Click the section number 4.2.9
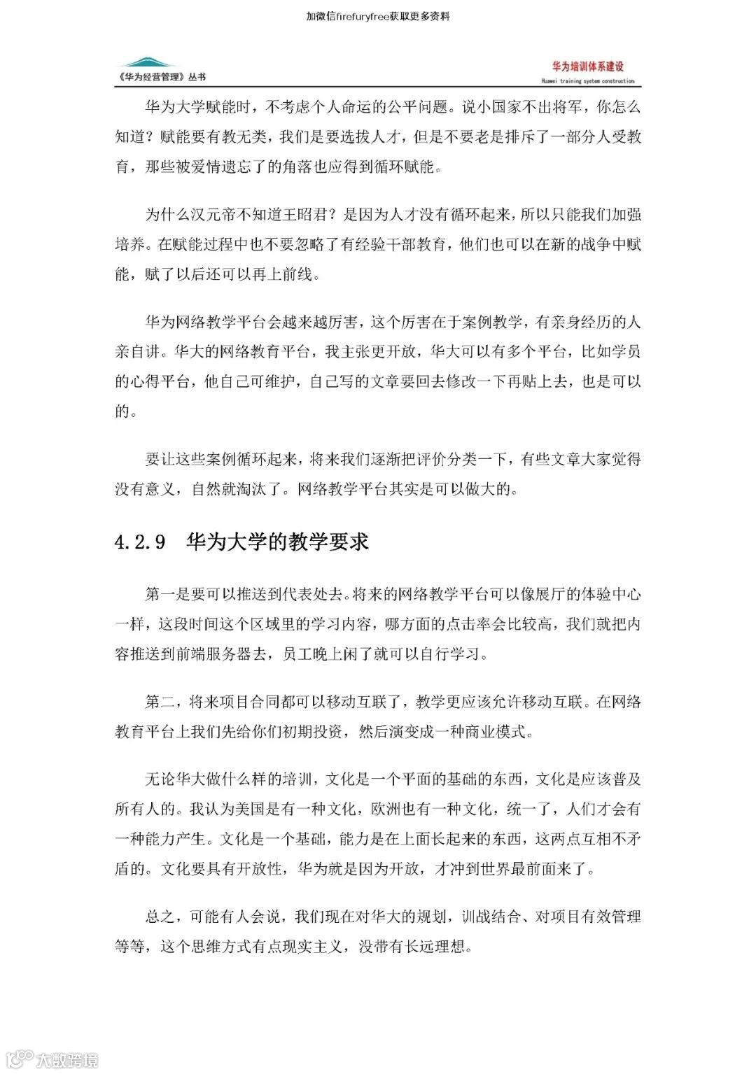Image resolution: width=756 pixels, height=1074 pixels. tap(140, 542)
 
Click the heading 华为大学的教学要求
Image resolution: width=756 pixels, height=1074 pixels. tap(277, 542)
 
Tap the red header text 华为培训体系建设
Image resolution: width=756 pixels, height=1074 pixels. tap(587, 67)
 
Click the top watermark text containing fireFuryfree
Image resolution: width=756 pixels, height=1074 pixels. tap(378, 15)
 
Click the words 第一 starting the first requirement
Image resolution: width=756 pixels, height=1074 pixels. tap(160, 595)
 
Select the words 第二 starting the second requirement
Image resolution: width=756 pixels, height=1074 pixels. tap(160, 702)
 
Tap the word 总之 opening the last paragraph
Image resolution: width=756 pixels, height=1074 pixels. tap(160, 917)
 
